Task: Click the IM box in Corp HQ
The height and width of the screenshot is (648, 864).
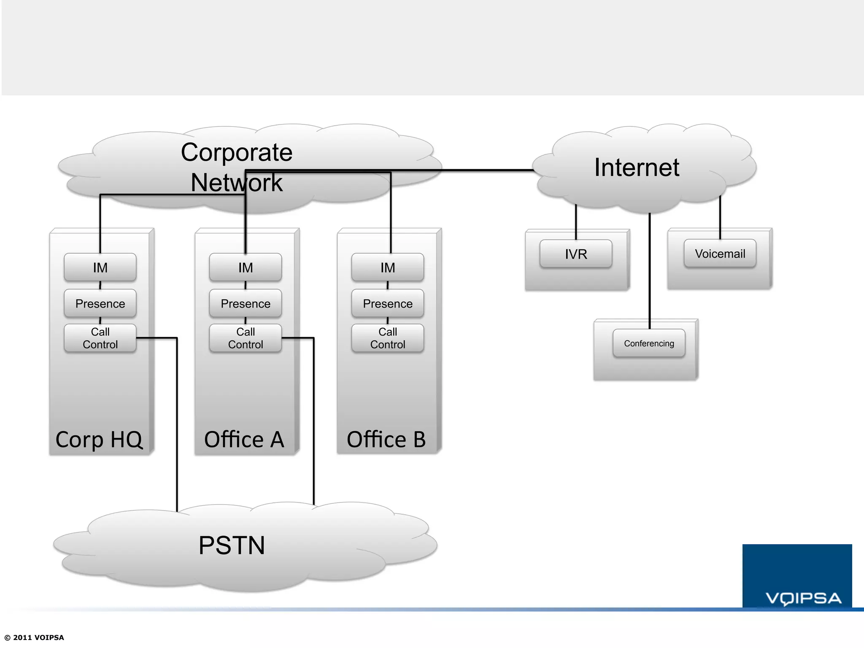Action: (100, 267)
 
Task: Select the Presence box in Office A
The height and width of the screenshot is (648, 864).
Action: (246, 303)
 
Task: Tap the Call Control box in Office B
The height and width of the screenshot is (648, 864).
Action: (388, 338)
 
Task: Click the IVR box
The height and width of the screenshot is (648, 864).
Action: (576, 254)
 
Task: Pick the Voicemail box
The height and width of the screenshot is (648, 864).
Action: (720, 254)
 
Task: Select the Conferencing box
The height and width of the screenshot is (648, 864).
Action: (649, 343)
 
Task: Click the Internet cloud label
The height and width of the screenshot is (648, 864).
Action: (637, 167)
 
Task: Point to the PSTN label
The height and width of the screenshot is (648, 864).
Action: (232, 545)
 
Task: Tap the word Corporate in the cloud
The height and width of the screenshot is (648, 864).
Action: (237, 152)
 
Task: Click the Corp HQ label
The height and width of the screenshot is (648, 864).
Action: (99, 440)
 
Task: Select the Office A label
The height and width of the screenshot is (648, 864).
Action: (244, 440)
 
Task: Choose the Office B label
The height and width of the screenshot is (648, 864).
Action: (386, 440)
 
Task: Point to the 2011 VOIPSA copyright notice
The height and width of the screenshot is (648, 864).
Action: (35, 637)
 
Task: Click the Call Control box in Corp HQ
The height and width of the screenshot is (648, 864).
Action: (100, 338)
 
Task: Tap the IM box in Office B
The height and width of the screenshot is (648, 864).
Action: (388, 267)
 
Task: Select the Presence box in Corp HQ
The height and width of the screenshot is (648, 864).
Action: (100, 303)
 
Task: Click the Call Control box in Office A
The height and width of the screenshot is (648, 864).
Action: (246, 338)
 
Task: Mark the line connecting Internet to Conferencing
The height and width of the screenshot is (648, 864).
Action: (650, 270)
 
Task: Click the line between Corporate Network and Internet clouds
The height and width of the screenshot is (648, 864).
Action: (485, 170)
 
